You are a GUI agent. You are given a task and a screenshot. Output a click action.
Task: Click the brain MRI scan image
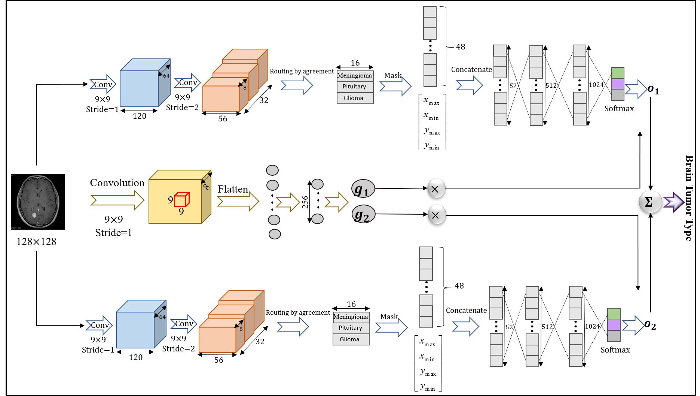point(38,201)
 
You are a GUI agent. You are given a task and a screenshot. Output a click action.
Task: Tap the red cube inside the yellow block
point(182,199)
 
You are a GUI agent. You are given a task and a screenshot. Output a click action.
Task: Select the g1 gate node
point(363,189)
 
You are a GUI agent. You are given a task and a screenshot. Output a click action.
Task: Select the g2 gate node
point(363,215)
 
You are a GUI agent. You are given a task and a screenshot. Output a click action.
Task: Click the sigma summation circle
point(650,202)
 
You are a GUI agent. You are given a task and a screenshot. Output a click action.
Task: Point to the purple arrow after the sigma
point(674,202)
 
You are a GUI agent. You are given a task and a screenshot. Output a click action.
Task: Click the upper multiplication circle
point(436,188)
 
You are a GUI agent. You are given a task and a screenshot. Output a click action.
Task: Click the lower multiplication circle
point(437,215)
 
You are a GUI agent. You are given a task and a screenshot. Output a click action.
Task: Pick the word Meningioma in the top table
point(354,76)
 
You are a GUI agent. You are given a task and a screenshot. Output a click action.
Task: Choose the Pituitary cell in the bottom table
point(351,328)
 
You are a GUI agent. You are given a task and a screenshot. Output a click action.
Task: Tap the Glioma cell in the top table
point(354,98)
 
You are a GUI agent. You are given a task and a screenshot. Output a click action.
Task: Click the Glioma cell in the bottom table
point(349,339)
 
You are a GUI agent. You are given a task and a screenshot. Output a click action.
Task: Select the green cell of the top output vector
point(617,73)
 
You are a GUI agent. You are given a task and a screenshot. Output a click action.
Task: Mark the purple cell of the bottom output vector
point(614,325)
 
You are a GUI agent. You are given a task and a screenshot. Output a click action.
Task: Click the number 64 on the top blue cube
point(166,76)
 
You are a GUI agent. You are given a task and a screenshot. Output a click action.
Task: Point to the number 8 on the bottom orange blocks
point(241,329)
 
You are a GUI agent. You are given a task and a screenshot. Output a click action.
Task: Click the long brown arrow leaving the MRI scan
point(117,200)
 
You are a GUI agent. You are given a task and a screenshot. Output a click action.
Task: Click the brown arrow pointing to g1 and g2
point(336,202)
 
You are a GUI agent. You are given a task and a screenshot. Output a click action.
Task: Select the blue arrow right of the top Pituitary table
point(395,86)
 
